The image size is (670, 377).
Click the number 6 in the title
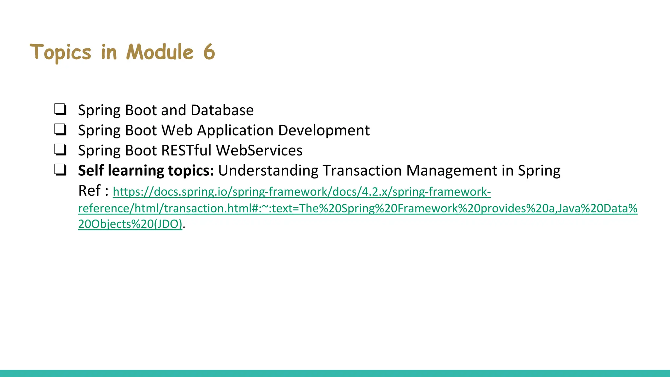coord(209,52)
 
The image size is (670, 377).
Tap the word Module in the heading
coord(160,52)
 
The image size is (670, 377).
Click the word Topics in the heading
coord(61,53)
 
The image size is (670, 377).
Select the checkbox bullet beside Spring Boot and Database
coord(60,110)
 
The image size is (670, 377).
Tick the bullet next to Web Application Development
coord(60,130)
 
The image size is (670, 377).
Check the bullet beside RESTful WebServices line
coord(60,150)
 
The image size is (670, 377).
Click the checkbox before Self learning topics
coord(60,170)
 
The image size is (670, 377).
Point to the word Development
coord(324,131)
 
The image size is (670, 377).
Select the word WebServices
coord(259,151)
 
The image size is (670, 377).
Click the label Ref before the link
coord(89,191)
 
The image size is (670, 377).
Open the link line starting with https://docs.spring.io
coord(301,192)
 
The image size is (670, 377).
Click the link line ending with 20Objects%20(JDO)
coord(130,224)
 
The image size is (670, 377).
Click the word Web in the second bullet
coord(177,131)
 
